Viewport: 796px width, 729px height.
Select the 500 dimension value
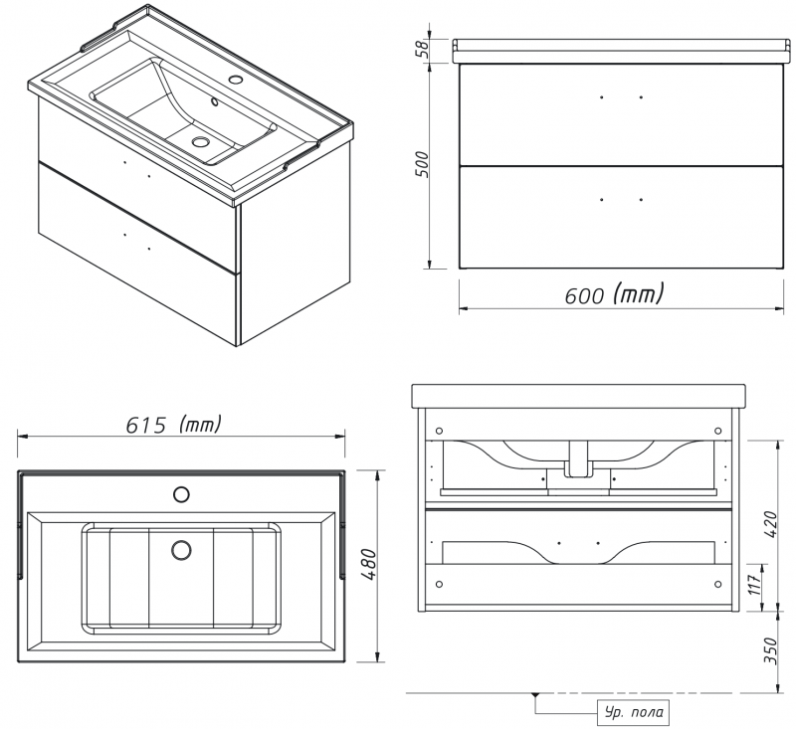click(422, 164)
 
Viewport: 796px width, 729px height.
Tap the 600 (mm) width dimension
click(614, 293)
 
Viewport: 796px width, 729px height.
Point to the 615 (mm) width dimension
click(173, 425)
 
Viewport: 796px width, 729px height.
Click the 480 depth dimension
click(370, 565)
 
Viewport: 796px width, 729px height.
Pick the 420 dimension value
click(770, 525)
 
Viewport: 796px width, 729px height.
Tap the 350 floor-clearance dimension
click(770, 650)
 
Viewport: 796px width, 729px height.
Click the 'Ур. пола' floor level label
click(634, 712)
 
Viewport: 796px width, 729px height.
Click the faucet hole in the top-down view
click(181, 494)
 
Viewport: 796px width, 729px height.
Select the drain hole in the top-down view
click(181, 550)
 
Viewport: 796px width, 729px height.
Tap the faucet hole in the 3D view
click(236, 80)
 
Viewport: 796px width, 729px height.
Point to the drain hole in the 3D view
click(201, 141)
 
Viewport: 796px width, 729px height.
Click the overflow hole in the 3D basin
click(215, 102)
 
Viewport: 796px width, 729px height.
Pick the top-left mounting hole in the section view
click(439, 431)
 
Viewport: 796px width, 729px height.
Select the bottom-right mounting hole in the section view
click(717, 585)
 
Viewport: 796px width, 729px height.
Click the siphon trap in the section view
click(579, 459)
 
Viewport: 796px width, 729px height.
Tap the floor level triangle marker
click(535, 694)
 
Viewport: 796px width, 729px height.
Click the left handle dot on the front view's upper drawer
click(602, 96)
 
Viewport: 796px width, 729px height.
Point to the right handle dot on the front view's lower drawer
click(641, 200)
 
